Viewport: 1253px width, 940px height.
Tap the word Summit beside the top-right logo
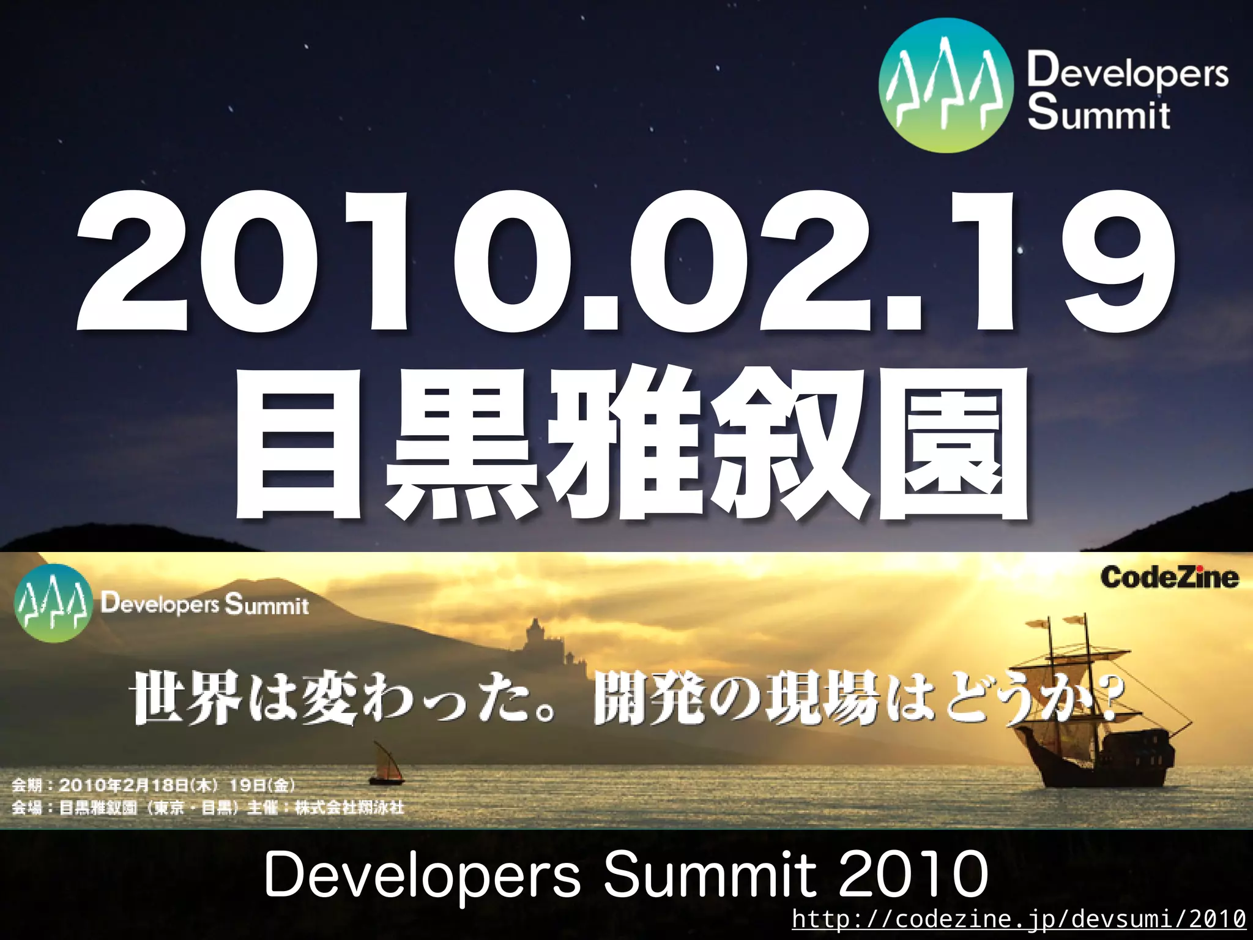1099,113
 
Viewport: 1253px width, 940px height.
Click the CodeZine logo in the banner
1169,577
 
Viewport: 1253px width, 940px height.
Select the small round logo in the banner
53,603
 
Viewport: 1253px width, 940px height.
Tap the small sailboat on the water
386,765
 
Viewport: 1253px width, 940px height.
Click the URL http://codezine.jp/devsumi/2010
1018,919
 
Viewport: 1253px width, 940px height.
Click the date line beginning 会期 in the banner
153,785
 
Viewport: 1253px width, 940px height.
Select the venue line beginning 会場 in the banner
208,808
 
